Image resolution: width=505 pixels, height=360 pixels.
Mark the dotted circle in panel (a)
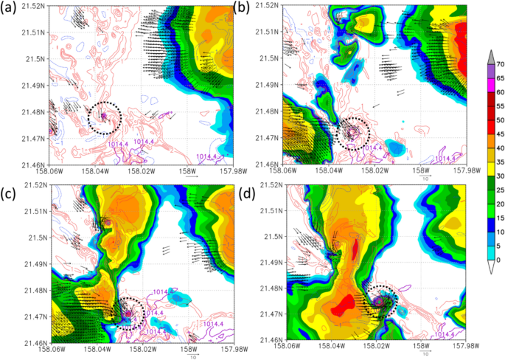[x=102, y=117]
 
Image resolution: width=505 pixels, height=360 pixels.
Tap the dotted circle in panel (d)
[x=382, y=301]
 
